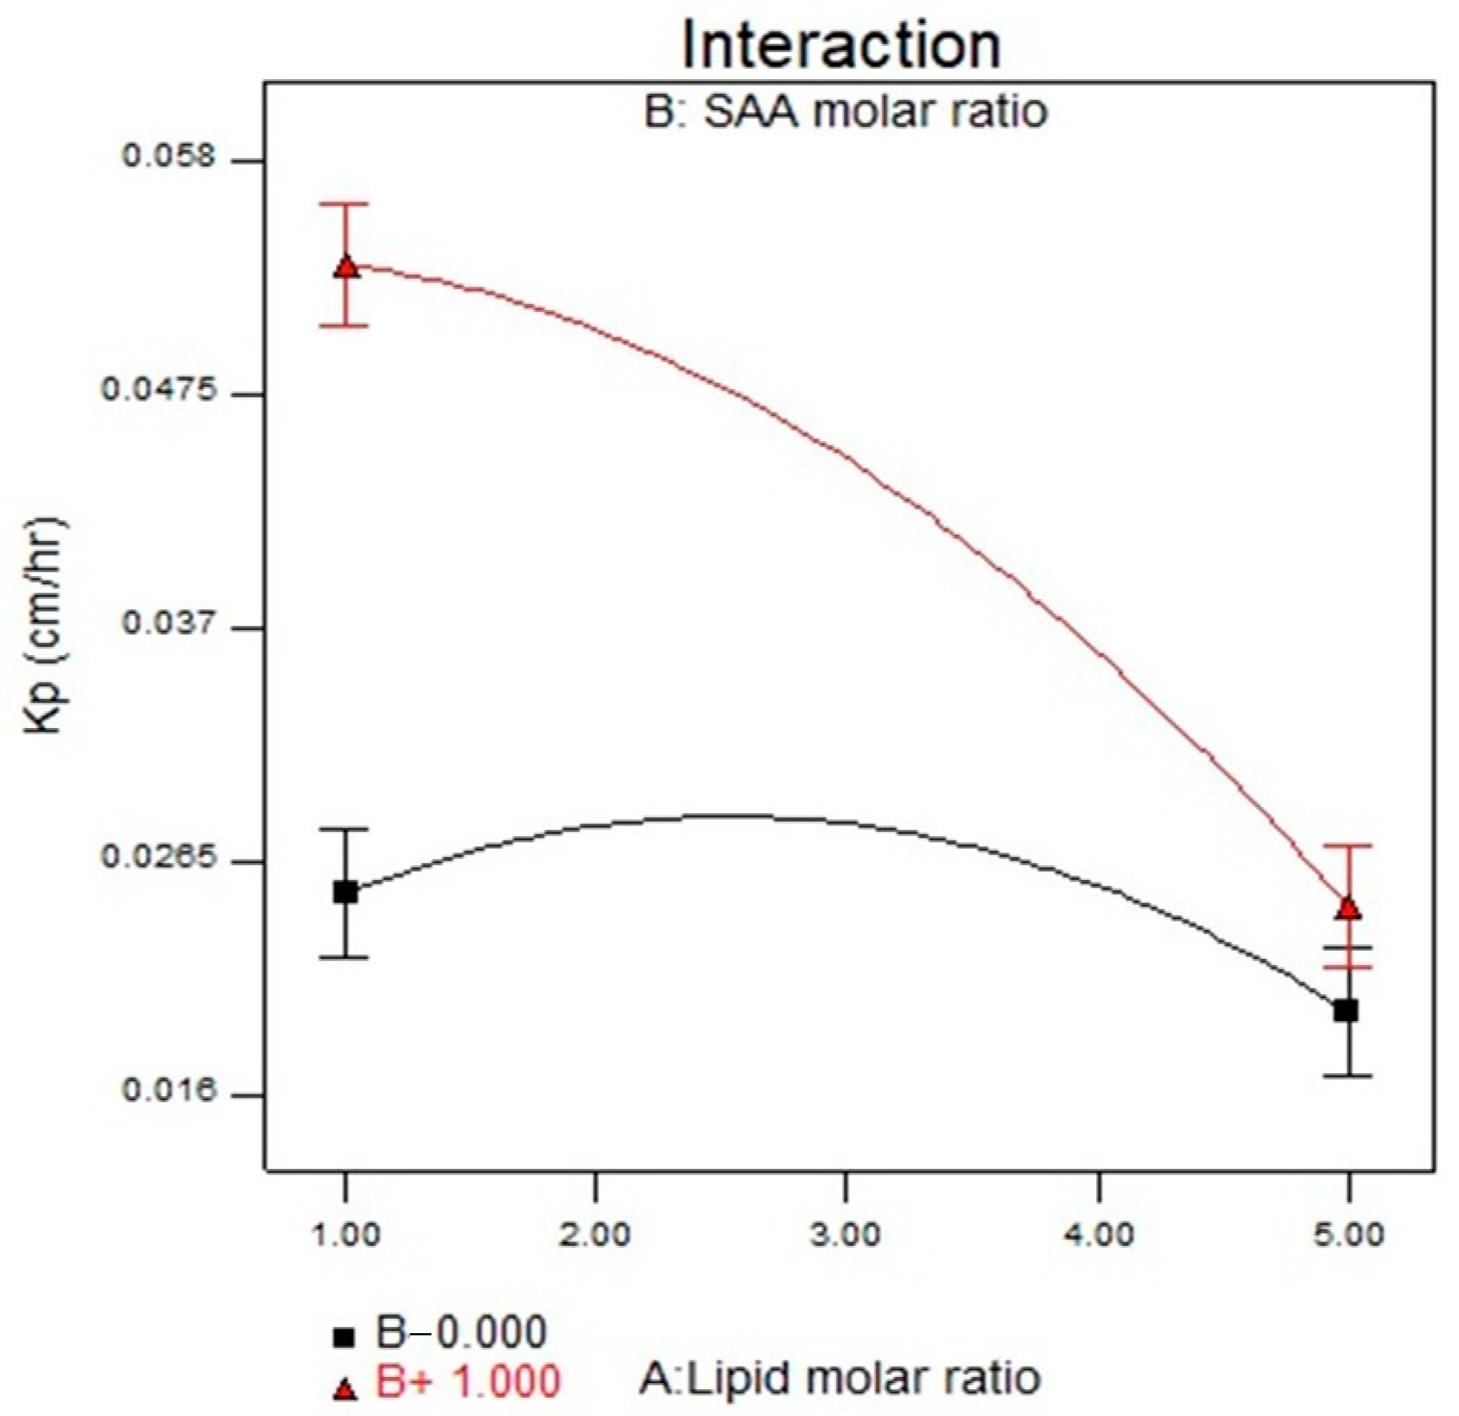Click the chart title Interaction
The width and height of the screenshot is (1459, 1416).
[x=841, y=45]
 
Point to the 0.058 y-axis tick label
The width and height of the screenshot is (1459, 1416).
[x=160, y=157]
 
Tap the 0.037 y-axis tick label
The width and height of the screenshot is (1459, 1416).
[x=160, y=624]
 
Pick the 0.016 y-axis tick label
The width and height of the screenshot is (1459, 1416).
[x=160, y=1090]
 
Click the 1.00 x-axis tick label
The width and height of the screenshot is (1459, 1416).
[x=346, y=1236]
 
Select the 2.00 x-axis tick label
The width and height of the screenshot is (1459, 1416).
[x=595, y=1236]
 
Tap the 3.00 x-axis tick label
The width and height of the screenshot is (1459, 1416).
[x=845, y=1236]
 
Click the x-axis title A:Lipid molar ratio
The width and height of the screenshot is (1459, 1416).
[x=840, y=1378]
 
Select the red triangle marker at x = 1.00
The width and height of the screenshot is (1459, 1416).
[x=347, y=267]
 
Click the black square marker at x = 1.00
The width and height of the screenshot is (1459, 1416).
[x=346, y=892]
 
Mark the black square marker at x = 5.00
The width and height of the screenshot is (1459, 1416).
[x=1346, y=1010]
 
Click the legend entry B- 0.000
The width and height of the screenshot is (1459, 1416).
[x=440, y=1332]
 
